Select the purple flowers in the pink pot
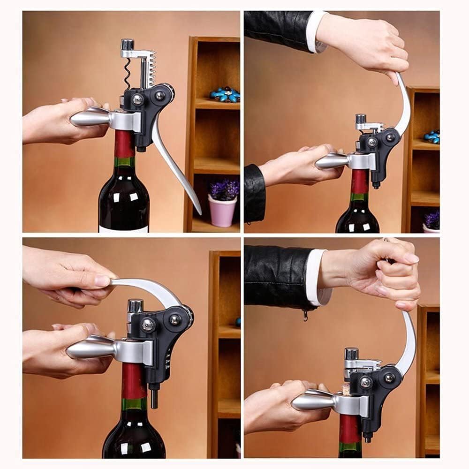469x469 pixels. (224, 189)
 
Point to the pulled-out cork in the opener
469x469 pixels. (345, 390)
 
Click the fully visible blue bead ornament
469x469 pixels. (225, 94)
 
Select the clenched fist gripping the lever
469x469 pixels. (396, 272)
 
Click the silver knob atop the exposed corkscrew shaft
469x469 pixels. (127, 45)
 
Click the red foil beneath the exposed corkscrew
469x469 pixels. (124, 143)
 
